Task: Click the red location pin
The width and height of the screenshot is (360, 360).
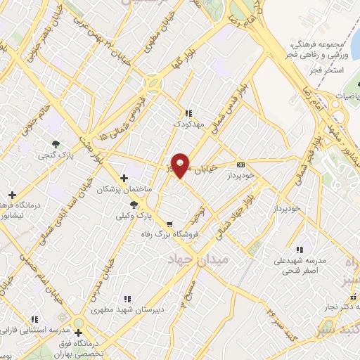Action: click(181, 165)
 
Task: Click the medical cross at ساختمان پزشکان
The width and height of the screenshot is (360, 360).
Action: click(124, 178)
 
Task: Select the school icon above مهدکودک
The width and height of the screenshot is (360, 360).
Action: click(188, 112)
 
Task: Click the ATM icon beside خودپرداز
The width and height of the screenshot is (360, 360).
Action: click(241, 165)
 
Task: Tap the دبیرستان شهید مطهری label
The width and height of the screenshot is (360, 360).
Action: click(127, 309)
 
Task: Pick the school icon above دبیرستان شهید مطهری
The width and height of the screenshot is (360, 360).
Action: click(127, 298)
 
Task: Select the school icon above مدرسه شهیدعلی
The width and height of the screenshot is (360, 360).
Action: click(300, 249)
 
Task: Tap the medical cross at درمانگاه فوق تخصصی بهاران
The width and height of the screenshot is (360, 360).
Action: click(77, 333)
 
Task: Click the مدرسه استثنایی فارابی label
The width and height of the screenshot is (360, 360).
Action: click(35, 330)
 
